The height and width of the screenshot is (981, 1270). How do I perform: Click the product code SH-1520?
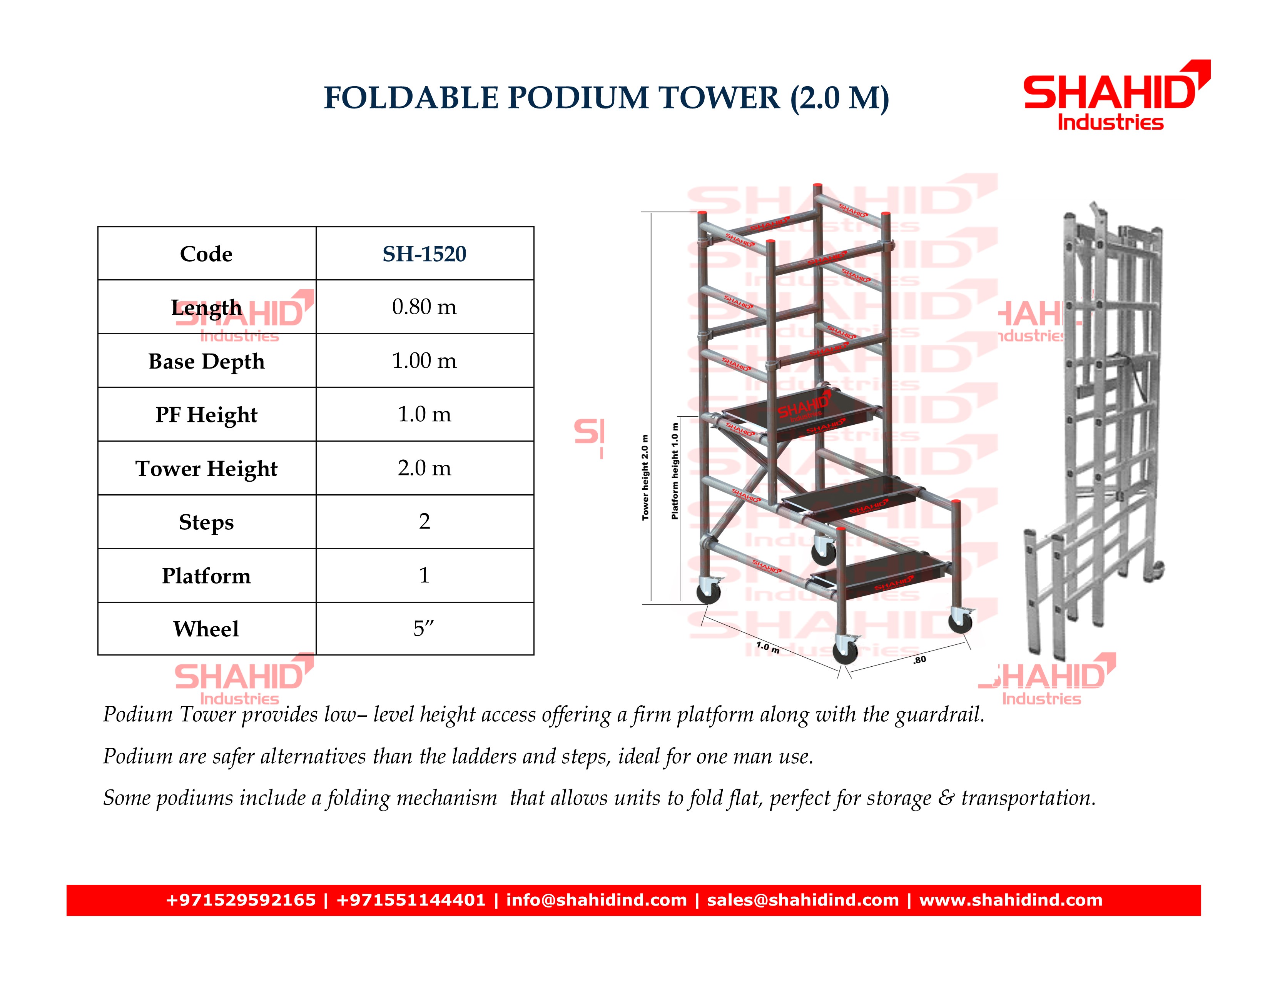[x=424, y=254]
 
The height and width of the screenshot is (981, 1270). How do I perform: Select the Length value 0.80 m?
[x=424, y=307]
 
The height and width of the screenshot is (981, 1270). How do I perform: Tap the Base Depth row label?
[x=206, y=362]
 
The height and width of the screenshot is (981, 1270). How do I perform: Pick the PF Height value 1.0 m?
[x=424, y=414]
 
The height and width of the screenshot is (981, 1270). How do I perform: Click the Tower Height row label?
[x=206, y=469]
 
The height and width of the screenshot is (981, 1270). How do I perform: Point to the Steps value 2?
[x=424, y=521]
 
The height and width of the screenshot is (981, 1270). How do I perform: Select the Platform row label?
[x=206, y=576]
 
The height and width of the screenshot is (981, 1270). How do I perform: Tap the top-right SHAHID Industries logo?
[x=1116, y=95]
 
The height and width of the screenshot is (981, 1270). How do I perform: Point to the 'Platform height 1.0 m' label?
[x=675, y=471]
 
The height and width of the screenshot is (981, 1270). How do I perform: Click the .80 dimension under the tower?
[x=919, y=660]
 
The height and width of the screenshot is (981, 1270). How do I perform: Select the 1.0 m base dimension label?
[x=768, y=647]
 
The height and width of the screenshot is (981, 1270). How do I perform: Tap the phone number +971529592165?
[x=241, y=900]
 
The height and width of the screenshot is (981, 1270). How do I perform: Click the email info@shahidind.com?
[x=597, y=900]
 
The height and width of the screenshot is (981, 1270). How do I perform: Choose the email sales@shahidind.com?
[x=803, y=900]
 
